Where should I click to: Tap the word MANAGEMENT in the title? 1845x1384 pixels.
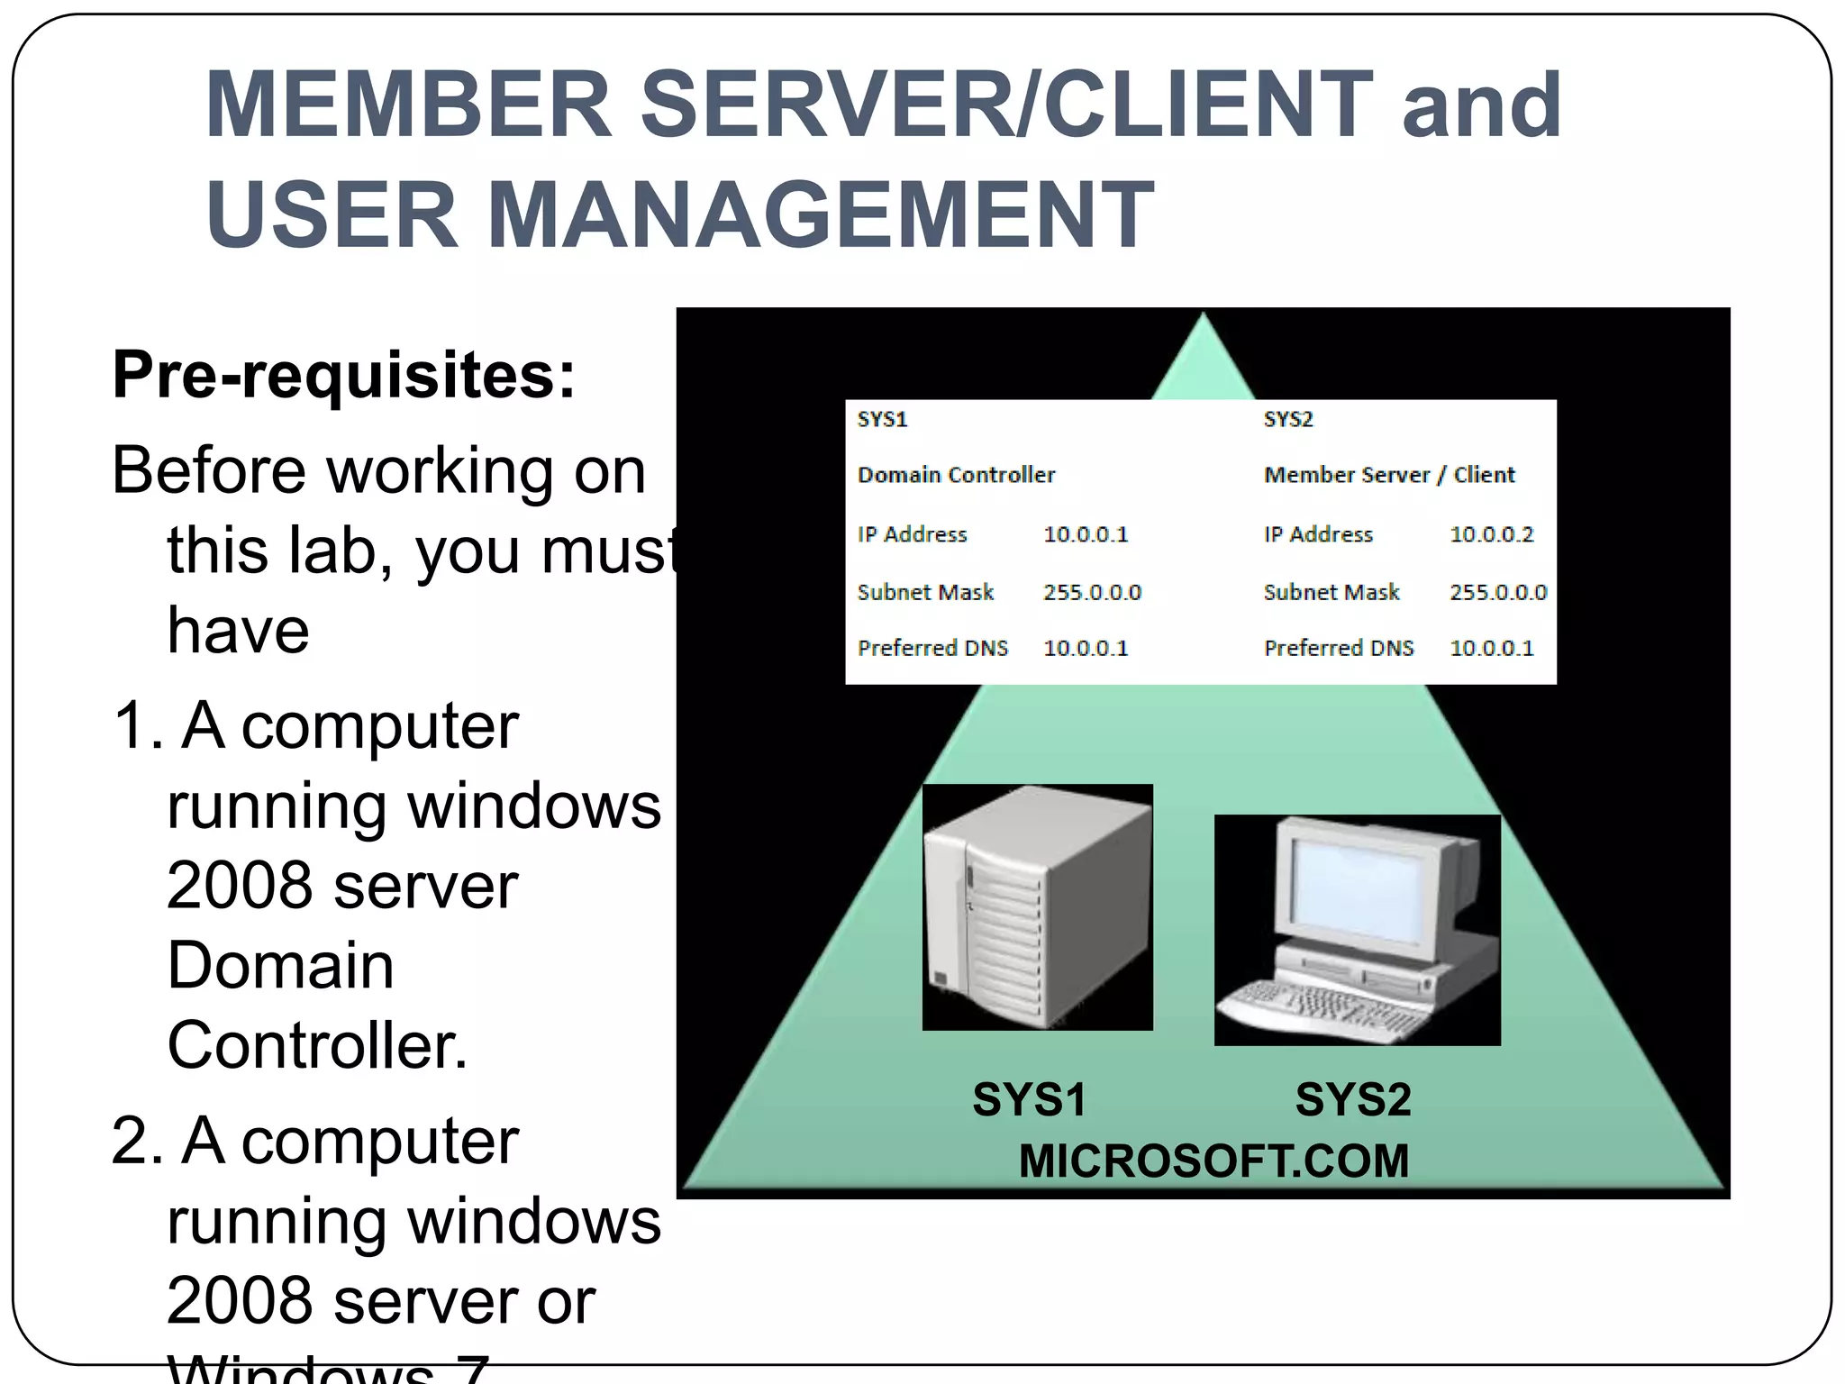pos(820,214)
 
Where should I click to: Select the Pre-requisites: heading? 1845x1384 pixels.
pos(343,375)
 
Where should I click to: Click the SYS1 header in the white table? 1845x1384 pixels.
pos(882,420)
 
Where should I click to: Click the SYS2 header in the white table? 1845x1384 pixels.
pos(1288,420)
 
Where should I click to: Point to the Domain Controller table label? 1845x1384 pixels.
pos(956,475)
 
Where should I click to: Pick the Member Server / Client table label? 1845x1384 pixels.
pos(1388,475)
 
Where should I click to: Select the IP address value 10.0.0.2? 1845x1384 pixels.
pos(1491,534)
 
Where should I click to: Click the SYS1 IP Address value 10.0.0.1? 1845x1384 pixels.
pos(1086,534)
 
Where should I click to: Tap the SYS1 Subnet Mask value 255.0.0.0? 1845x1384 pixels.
pos(1092,593)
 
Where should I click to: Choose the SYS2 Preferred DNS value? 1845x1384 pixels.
pos(1491,648)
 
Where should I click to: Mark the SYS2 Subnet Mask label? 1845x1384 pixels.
pos(1331,593)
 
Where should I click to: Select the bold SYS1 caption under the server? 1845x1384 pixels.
pos(1029,1099)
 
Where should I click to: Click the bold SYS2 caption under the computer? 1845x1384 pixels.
pos(1352,1099)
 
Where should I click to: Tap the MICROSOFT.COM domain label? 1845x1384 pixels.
pos(1213,1161)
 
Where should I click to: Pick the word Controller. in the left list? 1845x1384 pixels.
pos(317,1045)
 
